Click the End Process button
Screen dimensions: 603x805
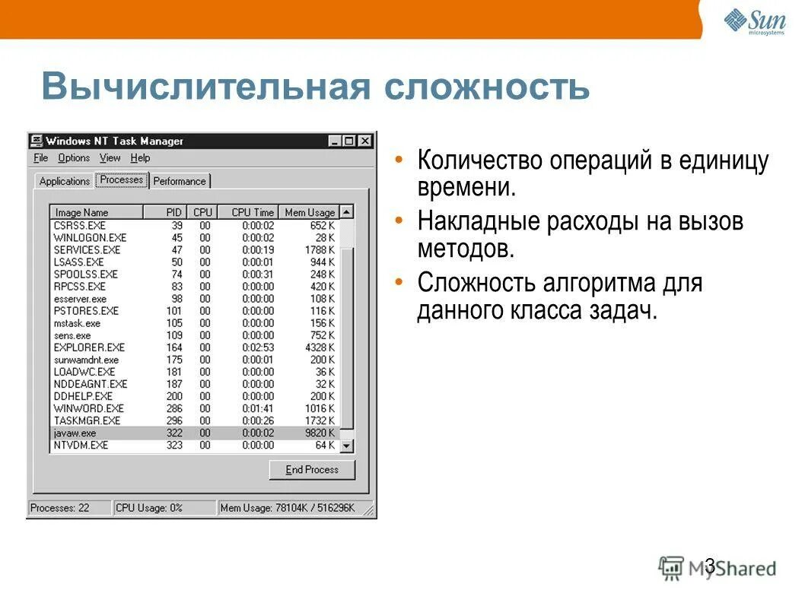pyautogui.click(x=312, y=470)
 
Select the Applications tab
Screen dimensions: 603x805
pyautogui.click(x=64, y=181)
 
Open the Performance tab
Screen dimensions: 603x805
pyautogui.click(x=180, y=181)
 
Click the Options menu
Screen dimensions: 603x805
pyautogui.click(x=74, y=158)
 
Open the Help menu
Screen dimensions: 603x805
pyautogui.click(x=140, y=158)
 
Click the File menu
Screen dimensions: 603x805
pyautogui.click(x=41, y=158)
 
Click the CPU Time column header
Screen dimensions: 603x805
pyautogui.click(x=252, y=213)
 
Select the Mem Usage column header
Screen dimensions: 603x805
pyautogui.click(x=309, y=213)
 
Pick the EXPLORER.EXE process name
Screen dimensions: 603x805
pyautogui.click(x=89, y=348)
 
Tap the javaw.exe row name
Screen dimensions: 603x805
pyautogui.click(x=75, y=433)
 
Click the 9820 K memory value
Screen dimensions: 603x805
pyautogui.click(x=319, y=433)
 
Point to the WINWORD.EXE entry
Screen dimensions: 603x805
pyautogui.click(x=90, y=408)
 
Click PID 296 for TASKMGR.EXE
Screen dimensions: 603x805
pyautogui.click(x=174, y=421)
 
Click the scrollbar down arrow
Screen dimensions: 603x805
pyautogui.click(x=347, y=446)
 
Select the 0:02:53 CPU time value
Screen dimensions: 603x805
pyautogui.click(x=258, y=348)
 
